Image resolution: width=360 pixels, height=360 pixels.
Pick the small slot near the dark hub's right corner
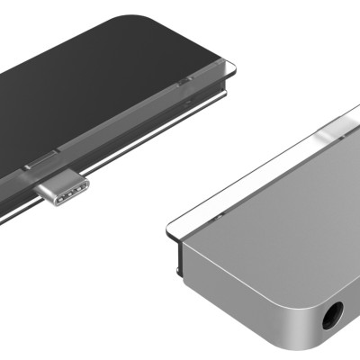pyautogui.click(x=184, y=82)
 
